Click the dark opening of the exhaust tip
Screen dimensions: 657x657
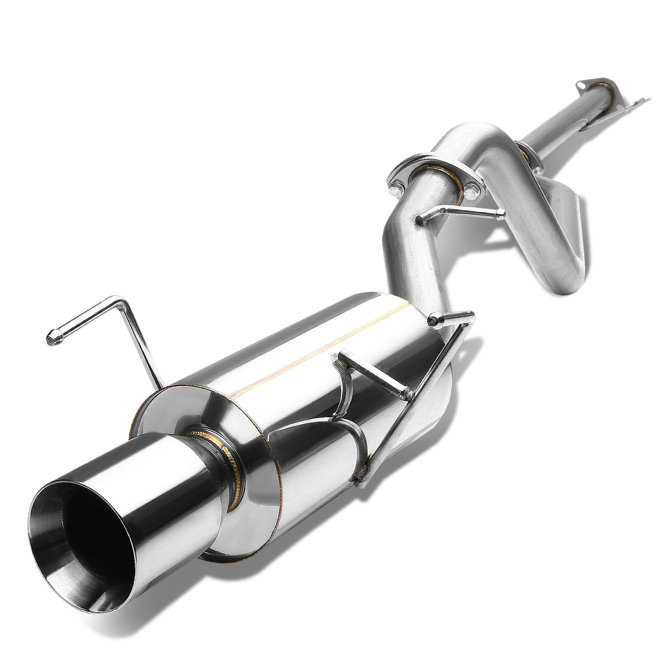82,542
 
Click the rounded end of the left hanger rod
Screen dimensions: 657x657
53,339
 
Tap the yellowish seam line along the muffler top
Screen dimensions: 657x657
318,350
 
